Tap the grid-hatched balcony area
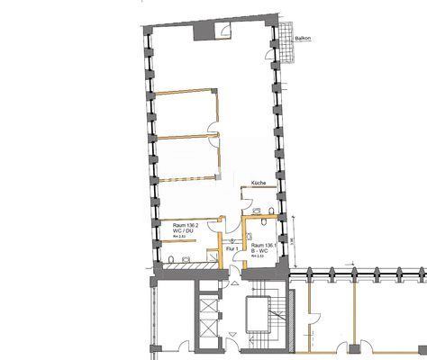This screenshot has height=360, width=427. [x=287, y=42]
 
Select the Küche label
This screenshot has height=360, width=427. [x=258, y=183]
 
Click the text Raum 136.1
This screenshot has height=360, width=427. [x=265, y=245]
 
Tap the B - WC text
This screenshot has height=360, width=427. [x=262, y=251]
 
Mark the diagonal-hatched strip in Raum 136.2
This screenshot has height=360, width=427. [x=185, y=264]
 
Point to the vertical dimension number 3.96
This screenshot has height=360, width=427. [x=292, y=241]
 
